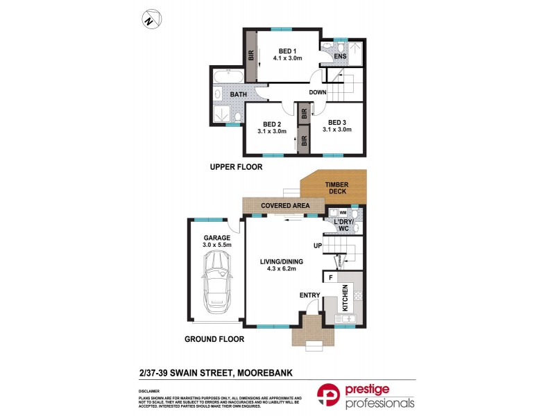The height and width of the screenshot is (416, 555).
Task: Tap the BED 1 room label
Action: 286,51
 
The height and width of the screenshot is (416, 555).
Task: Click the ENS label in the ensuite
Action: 340,56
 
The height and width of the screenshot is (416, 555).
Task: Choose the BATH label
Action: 239,94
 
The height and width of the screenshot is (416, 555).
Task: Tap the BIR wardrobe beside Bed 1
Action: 251,57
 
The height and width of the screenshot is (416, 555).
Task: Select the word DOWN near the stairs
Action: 318,92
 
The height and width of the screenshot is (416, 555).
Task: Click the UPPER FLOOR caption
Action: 237,167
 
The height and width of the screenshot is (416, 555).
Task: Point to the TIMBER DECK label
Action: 338,188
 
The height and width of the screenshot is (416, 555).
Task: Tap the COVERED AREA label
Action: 284,206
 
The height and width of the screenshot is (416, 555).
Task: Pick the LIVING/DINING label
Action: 282,261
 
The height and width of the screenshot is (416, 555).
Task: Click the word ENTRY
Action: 309,295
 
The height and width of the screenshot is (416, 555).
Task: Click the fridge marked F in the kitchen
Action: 332,278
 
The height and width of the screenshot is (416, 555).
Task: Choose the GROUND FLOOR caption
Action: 215,340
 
